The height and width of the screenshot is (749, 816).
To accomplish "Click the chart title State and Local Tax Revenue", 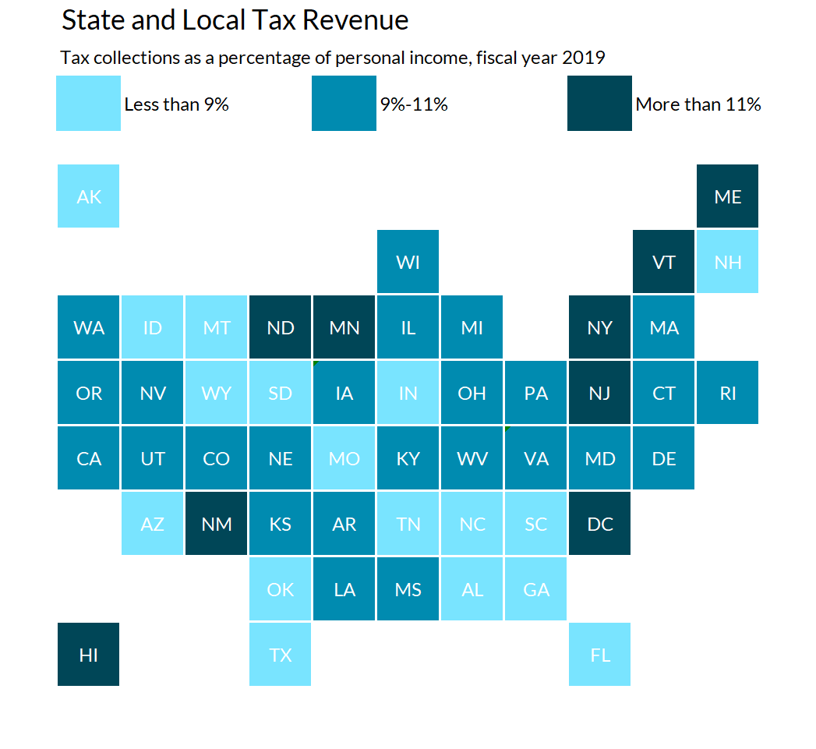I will (x=235, y=21).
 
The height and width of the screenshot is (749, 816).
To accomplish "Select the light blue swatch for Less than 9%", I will (x=88, y=103).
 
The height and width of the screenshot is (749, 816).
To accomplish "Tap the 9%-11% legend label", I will (x=414, y=104).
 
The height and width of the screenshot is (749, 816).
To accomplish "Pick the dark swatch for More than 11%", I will (x=599, y=103).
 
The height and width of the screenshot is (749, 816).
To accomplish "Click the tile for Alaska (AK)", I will (x=89, y=196).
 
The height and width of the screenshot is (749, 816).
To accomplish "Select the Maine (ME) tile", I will (x=727, y=196).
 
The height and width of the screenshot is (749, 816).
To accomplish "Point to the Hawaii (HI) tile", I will (x=89, y=655).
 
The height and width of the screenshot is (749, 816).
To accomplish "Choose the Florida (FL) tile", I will (x=599, y=655).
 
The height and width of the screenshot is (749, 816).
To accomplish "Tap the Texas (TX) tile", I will (x=281, y=655).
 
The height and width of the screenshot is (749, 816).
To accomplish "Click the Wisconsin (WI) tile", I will (x=408, y=262).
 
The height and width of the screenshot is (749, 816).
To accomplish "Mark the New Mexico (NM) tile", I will (x=217, y=524).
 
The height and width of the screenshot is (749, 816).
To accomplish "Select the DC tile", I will (x=599, y=524).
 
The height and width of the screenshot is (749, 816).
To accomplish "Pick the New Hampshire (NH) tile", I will (x=727, y=262).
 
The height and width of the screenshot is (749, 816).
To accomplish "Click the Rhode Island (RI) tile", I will (x=727, y=393).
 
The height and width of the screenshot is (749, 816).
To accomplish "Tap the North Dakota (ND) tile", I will (x=281, y=327).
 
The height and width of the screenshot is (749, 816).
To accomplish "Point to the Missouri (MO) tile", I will (x=344, y=458).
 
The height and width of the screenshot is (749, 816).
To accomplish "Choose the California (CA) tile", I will (x=89, y=458).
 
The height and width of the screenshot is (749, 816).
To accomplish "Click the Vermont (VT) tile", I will (x=663, y=262).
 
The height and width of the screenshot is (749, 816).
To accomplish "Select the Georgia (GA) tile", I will (x=535, y=589).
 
